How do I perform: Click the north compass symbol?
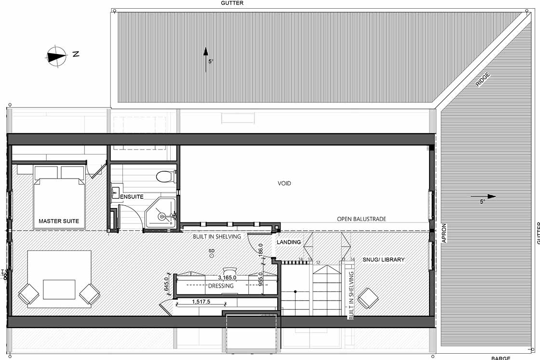pos(57,55)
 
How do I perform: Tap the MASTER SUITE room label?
pos(59,222)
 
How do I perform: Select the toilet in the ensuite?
pos(165,177)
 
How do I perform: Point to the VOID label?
pos(284,183)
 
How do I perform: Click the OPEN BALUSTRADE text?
pos(361,219)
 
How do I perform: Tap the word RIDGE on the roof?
pos(483,79)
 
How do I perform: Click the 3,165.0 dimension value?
pos(227,277)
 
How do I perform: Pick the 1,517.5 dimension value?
pos(202,302)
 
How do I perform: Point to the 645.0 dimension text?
pos(167,285)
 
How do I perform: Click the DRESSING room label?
pos(221,286)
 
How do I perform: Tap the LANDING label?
pos(289,242)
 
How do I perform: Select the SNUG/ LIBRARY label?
pos(384,260)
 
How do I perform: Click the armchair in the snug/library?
pos(369,298)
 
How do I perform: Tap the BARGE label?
pos(500,358)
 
